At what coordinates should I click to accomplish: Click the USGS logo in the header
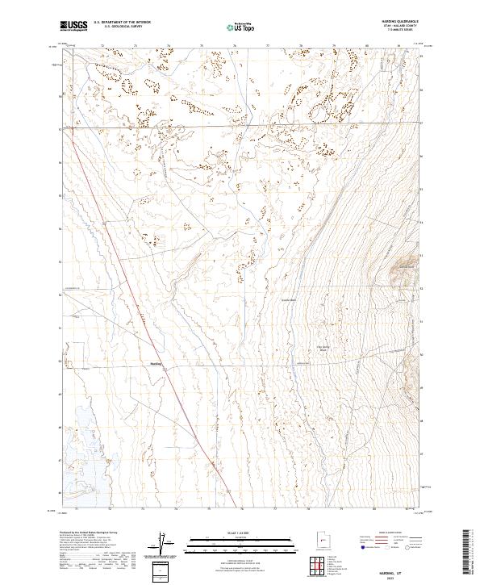click(74, 26)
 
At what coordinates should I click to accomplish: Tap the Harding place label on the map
click(156, 363)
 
